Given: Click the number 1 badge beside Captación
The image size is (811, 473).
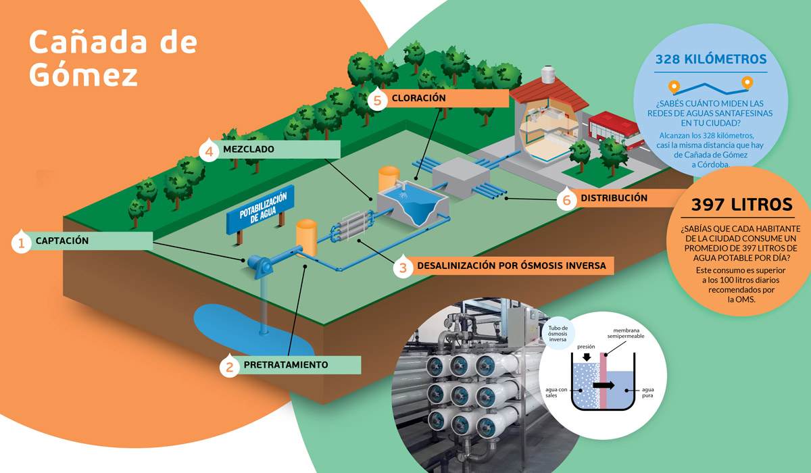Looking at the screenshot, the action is [21, 242].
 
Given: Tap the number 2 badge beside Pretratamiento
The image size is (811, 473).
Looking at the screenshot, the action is [229, 366].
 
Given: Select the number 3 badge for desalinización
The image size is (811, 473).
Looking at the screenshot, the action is [403, 267].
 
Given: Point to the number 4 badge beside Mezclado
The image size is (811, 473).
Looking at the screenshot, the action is [209, 151].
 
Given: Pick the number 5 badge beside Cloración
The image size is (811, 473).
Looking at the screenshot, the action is [377, 99].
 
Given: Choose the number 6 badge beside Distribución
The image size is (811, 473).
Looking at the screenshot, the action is [566, 199].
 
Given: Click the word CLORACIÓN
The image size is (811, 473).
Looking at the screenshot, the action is [418, 98].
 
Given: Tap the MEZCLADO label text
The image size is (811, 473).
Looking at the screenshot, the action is [249, 149].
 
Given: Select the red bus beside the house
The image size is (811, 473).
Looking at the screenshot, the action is [616, 131].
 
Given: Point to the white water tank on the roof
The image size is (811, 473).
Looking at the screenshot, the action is [548, 74].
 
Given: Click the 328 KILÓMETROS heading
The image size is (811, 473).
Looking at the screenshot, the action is [711, 59].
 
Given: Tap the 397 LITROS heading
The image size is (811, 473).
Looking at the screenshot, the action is [742, 205].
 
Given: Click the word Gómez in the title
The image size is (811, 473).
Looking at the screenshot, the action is [83, 75].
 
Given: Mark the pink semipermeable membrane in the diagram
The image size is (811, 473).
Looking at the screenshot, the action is [603, 380].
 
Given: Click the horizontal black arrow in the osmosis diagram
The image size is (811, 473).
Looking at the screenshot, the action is [604, 385].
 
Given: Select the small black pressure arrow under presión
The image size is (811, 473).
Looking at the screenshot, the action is [587, 357].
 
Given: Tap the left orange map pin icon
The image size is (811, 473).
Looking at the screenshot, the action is [674, 87].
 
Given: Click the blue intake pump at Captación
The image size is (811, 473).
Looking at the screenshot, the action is [260, 266].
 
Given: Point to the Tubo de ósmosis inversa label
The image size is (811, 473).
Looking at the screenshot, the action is [558, 334].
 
